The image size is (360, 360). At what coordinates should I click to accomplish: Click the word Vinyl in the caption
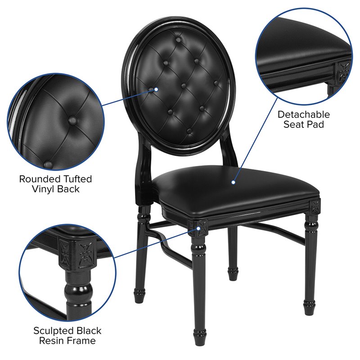pos(44,189)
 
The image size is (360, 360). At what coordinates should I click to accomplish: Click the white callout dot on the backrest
pos(156,89)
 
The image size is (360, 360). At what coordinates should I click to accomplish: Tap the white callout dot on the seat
pos(234,183)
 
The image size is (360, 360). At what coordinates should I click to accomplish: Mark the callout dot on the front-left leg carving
pos(198,228)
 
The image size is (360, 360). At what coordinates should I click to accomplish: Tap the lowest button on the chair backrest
pos(189,132)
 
